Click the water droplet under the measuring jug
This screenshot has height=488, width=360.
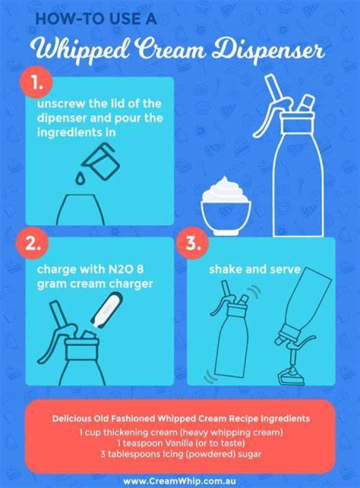click(x=80, y=178)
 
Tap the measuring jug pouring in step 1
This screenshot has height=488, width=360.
click(x=100, y=160)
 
